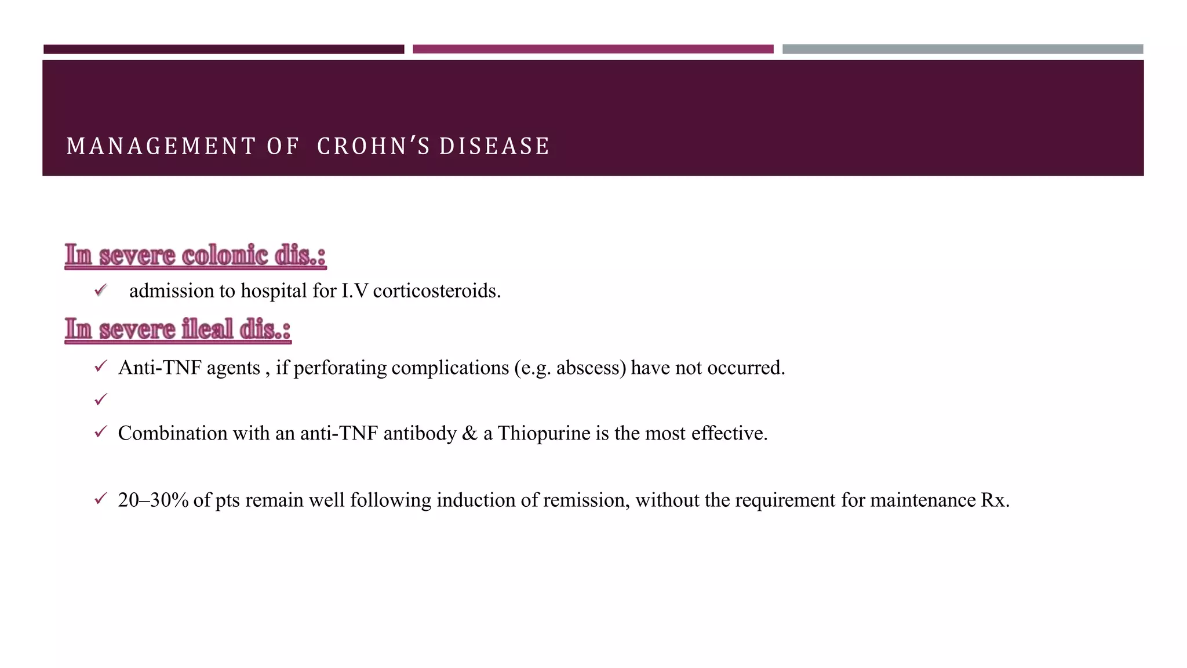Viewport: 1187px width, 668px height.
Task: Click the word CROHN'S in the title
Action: [x=373, y=146]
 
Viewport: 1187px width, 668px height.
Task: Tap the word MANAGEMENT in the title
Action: [x=161, y=146]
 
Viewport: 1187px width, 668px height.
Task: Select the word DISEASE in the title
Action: [x=494, y=146]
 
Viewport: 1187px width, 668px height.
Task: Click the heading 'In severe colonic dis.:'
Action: [x=195, y=256]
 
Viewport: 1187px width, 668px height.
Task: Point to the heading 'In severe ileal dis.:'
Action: [x=177, y=329]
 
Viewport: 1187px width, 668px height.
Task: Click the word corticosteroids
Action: [x=436, y=291]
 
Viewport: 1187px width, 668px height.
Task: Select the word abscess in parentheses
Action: [x=591, y=368]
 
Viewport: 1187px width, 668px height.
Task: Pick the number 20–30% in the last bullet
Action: [x=153, y=500]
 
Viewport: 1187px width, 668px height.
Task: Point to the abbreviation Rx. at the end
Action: [x=995, y=500]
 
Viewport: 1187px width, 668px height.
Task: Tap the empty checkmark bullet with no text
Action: [x=101, y=400]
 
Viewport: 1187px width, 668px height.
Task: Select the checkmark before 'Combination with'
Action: [x=101, y=432]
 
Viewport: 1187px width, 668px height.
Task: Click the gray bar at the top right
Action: [x=962, y=49]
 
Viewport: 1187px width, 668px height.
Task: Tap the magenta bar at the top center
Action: [x=593, y=49]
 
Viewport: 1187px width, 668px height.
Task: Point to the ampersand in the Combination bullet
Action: [x=469, y=433]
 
